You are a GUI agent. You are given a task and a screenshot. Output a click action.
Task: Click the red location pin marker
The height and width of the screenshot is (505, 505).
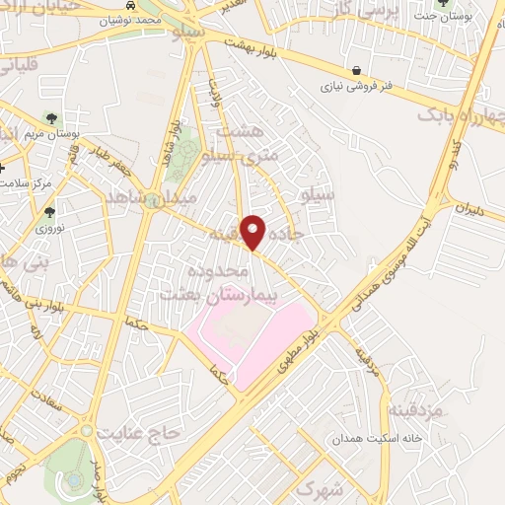(x=253, y=232)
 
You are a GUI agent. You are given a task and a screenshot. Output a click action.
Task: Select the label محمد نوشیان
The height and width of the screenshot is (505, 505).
(x=122, y=20)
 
